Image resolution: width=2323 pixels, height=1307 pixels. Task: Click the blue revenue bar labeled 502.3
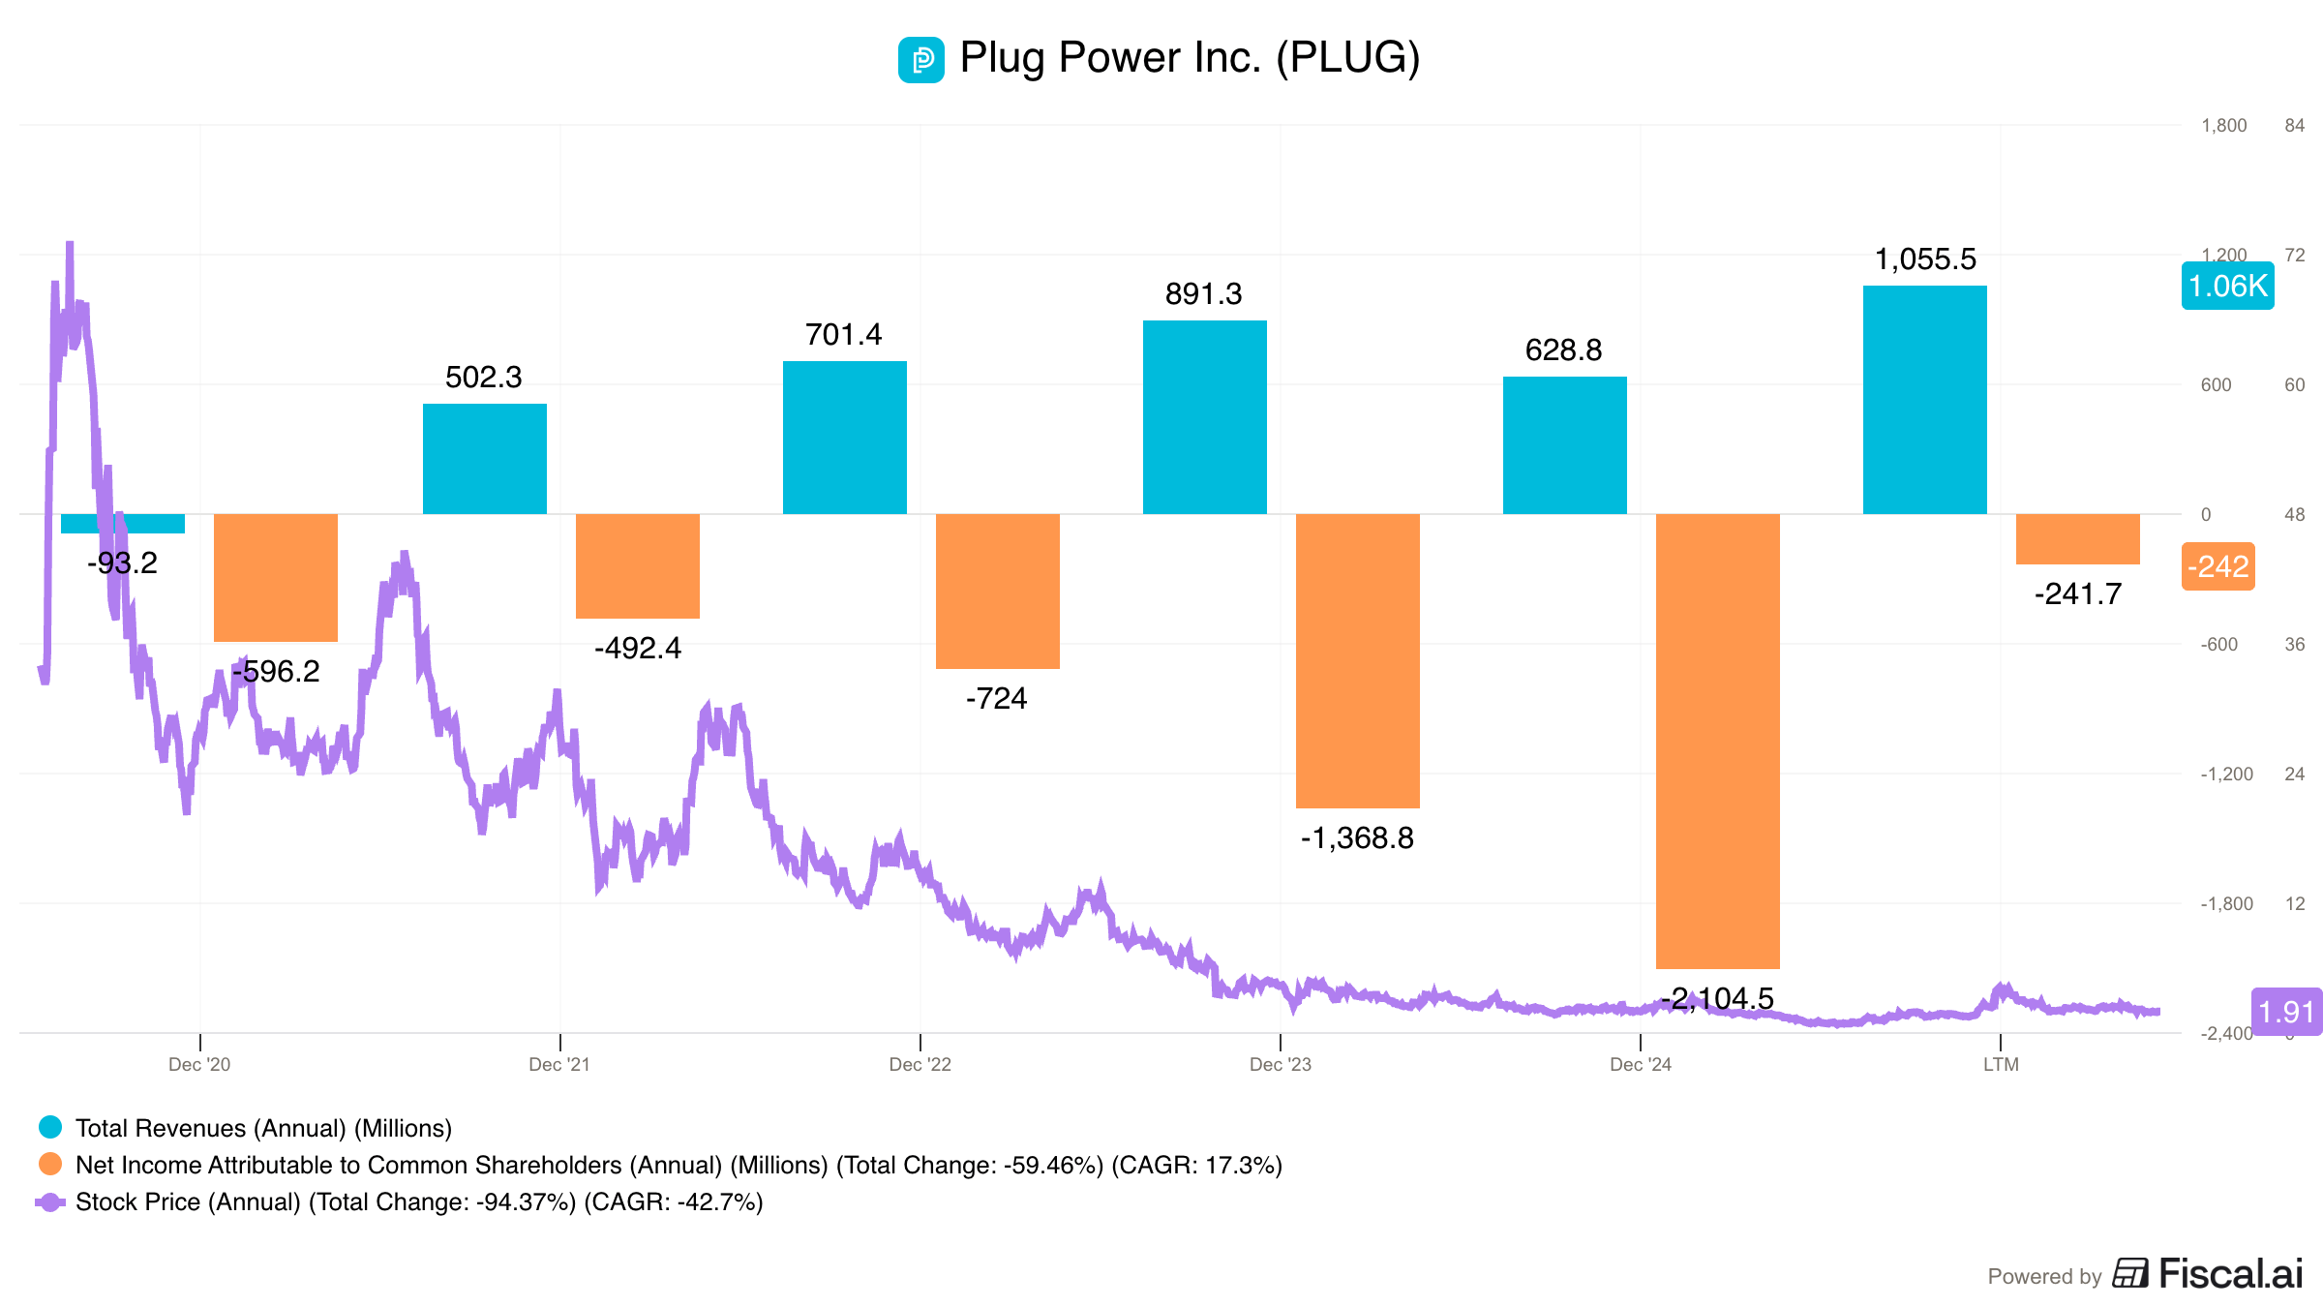(484, 459)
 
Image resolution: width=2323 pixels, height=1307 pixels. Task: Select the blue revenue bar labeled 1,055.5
(1924, 400)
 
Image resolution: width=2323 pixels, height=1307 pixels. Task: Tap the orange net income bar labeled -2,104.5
(1717, 741)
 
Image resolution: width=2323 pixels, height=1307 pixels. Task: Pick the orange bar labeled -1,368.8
(1357, 660)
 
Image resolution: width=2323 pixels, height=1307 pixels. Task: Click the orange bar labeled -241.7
(2077, 539)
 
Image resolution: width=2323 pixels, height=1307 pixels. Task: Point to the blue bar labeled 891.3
(1204, 417)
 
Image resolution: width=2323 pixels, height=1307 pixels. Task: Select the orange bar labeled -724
(997, 591)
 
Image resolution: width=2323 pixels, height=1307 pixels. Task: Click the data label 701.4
(843, 335)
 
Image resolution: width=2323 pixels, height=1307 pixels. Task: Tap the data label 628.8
(1563, 350)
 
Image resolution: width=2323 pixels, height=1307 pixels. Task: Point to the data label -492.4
(637, 648)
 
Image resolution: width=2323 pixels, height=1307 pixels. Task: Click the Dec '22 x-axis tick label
(920, 1065)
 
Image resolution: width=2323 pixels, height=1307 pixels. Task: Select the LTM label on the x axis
(2001, 1065)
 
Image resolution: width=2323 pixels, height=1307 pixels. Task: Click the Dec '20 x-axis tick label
(199, 1065)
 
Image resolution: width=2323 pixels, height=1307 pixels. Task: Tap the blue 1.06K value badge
(2227, 286)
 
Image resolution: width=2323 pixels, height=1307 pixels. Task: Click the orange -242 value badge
(2217, 566)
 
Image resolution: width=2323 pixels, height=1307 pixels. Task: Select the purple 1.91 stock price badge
(2285, 1012)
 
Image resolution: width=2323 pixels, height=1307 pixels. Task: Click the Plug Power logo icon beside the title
(920, 60)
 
